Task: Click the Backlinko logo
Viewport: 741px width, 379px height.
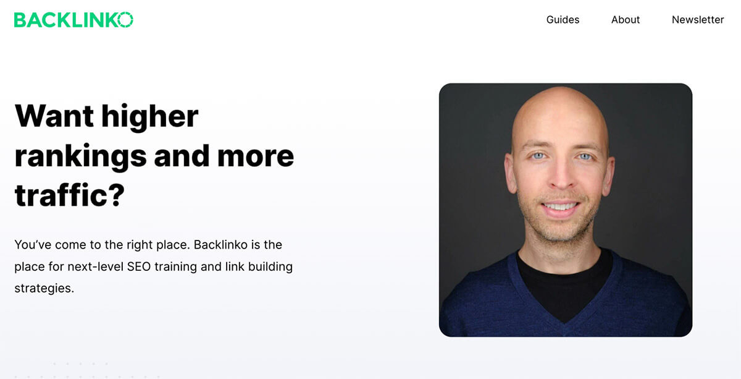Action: tap(73, 20)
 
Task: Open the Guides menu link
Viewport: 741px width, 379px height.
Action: tap(563, 20)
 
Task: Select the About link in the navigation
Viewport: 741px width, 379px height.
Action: tap(625, 20)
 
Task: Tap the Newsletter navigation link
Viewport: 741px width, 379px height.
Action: tap(698, 20)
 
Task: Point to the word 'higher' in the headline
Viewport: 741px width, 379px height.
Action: tap(149, 117)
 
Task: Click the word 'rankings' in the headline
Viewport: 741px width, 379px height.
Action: tap(80, 156)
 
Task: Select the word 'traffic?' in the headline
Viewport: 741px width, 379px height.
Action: tap(69, 195)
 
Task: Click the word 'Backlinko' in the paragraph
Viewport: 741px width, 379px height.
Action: tap(220, 245)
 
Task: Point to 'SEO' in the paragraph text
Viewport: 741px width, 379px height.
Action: tap(139, 266)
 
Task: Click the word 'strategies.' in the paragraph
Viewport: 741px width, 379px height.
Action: tap(44, 289)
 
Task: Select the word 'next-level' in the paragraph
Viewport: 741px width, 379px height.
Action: tap(95, 266)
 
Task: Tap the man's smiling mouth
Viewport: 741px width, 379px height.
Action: tap(561, 207)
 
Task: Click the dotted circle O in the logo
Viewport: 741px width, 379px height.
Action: tap(125, 20)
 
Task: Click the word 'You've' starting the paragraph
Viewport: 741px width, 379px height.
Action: tap(33, 245)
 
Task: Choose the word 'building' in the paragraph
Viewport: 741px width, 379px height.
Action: tap(270, 267)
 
